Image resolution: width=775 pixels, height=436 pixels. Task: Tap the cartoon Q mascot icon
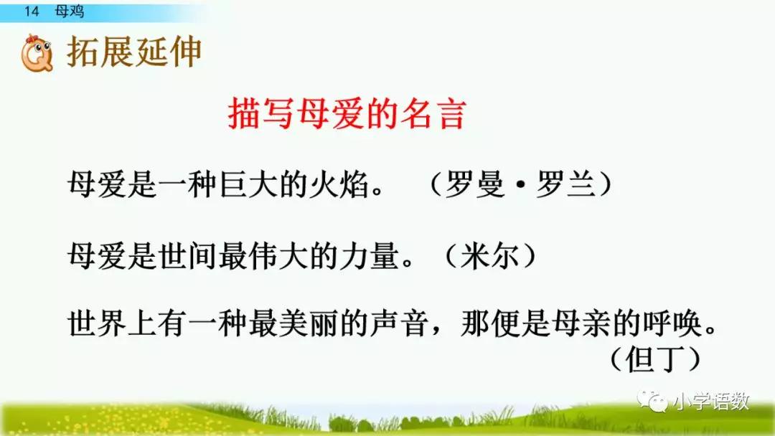[x=37, y=53]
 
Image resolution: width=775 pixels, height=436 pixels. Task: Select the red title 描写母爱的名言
[x=347, y=114]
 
